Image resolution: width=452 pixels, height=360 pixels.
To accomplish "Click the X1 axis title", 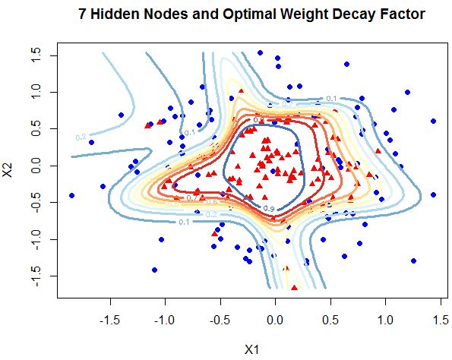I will click(252, 349).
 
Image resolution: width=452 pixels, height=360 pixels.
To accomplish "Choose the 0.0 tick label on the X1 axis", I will click(276, 321).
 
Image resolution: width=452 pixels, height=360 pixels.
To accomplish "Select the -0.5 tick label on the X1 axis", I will click(220, 321).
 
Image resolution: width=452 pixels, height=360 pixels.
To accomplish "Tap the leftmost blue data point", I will click(72, 195).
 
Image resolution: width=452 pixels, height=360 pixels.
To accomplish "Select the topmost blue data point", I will click(260, 53).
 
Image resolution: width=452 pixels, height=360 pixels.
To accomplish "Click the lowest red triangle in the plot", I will click(294, 287).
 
